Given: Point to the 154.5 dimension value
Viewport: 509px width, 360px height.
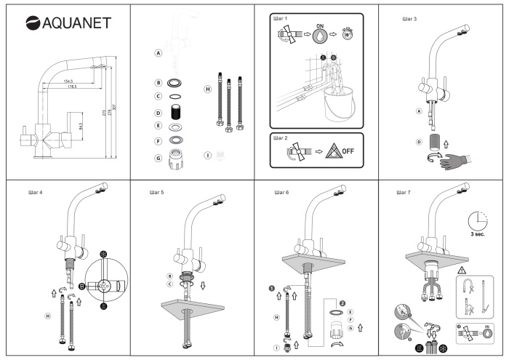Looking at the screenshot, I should coord(69,81).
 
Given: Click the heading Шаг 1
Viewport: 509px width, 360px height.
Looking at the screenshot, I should coord(281,17).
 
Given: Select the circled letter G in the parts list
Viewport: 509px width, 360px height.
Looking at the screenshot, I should coord(158,158).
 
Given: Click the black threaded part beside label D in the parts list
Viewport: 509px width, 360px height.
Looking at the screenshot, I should coord(175,113).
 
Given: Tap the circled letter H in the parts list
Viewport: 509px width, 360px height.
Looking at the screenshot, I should coord(207,89).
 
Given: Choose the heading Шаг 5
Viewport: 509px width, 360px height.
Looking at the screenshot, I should coord(157,193).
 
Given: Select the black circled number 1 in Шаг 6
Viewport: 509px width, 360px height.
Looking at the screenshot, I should coord(274,287).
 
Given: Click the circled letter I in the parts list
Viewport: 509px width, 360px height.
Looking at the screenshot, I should coord(207,155).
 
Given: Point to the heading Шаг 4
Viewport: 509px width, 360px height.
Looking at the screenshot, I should coord(35,193).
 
